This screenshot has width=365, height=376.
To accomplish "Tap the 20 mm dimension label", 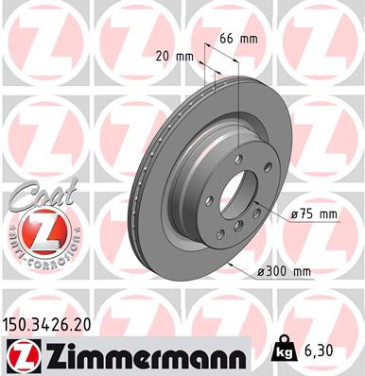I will click(x=177, y=56).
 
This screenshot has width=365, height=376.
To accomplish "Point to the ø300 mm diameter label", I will click(x=285, y=273).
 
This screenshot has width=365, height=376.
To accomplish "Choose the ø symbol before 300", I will click(x=259, y=273).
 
